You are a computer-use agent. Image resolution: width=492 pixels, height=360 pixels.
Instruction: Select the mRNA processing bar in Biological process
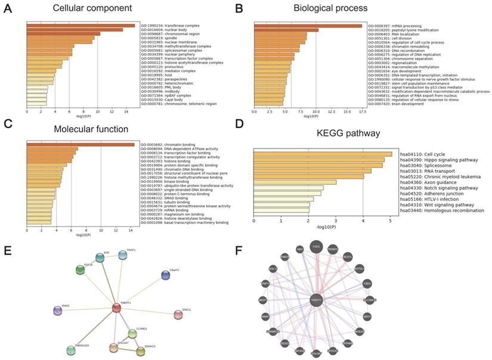tap(308, 26)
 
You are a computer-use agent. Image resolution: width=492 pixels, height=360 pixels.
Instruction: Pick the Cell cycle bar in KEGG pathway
tap(323, 154)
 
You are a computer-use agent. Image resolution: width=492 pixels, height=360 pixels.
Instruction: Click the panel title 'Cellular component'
tap(83, 9)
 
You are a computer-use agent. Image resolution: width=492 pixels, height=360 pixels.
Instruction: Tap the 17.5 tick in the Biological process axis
tap(362, 111)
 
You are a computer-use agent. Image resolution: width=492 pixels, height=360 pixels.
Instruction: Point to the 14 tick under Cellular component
tap(126, 111)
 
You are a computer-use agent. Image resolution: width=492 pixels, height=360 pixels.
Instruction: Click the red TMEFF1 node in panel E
tap(117, 307)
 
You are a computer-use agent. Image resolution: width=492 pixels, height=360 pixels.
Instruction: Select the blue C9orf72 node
tap(166, 275)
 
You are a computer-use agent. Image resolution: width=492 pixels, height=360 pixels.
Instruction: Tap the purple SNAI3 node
tap(57, 311)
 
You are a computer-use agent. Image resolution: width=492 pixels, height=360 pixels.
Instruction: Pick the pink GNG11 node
tap(178, 314)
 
